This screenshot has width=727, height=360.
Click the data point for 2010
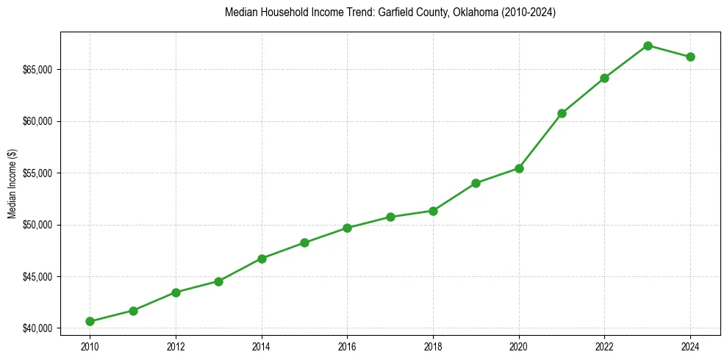90,321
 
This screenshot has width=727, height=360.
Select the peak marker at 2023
648,46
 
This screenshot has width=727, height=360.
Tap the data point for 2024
690,57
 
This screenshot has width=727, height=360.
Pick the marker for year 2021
562,113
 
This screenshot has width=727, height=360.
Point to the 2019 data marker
476,183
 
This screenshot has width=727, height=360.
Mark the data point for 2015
304,242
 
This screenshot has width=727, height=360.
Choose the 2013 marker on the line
218,281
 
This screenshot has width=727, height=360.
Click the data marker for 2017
390,217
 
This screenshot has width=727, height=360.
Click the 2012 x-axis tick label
176,345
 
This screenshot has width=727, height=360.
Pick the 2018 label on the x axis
433,345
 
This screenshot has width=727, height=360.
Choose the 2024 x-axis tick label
690,345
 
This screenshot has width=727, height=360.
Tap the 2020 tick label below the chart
519,345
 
